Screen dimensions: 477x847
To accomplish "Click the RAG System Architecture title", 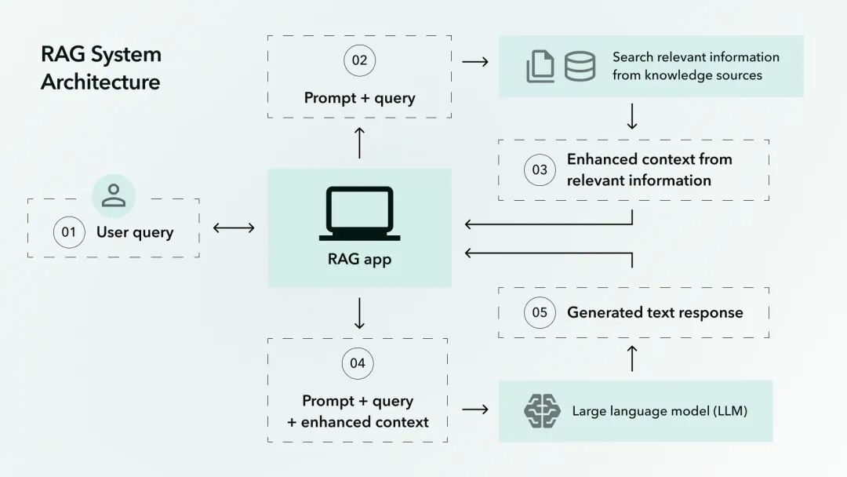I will tap(101, 68).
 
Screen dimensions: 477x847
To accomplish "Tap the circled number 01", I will tap(69, 232).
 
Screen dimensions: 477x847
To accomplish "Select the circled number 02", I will tap(359, 60).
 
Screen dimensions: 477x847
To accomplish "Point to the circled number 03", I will tap(540, 169).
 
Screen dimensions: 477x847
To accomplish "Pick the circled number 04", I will tap(358, 362).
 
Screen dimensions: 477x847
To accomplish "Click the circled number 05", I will tap(540, 312).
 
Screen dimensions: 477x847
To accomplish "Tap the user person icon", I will tap(114, 195).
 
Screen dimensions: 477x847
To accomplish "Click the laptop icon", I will tap(359, 213).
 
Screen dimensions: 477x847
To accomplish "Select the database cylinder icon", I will tap(580, 66).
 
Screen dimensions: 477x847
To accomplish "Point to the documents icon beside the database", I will tap(540, 67).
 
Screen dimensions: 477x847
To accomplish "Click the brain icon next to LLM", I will tap(542, 411).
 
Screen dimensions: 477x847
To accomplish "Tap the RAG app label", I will tap(359, 259).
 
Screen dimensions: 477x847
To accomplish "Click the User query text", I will tap(135, 232).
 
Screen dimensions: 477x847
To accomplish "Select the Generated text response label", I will tap(655, 312).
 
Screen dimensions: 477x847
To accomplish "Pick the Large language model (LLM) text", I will tap(659, 411).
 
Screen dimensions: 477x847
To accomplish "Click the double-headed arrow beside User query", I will tap(234, 228).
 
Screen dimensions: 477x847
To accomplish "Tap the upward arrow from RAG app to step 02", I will tap(359, 143).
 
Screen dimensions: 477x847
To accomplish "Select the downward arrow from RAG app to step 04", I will tap(359, 313).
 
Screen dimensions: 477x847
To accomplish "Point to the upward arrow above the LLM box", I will tap(632, 359).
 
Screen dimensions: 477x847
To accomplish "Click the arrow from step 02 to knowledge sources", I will tap(475, 61).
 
